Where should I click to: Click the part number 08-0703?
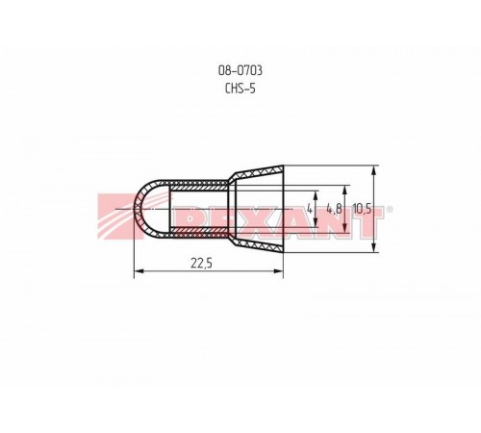click(x=240, y=70)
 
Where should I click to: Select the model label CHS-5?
click(x=240, y=89)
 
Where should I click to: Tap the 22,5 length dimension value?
click(x=201, y=264)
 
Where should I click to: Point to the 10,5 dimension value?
click(x=362, y=209)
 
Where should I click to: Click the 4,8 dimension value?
click(x=334, y=209)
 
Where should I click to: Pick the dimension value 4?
click(x=310, y=209)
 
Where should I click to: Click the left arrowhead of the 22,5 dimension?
click(x=139, y=271)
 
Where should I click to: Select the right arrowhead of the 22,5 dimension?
click(x=279, y=271)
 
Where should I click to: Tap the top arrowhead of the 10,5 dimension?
click(x=373, y=170)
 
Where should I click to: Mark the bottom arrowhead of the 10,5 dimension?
click(x=373, y=247)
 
